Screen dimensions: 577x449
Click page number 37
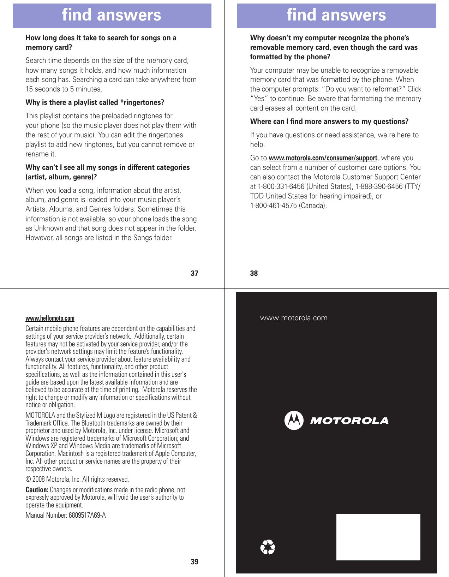pos(194,273)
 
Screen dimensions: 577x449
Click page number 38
pos(254,273)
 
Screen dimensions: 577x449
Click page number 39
pos(194,562)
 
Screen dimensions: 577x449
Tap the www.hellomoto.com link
pos(50,318)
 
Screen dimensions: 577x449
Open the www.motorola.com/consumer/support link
pos(323,158)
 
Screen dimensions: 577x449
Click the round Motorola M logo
pos(294,420)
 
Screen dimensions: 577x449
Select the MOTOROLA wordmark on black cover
pos(349,421)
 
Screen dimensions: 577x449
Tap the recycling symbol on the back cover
pos(268,547)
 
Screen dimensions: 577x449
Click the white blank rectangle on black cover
pos(378,537)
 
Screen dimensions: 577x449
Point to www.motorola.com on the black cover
pos(294,318)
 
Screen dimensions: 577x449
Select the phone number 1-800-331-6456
pos(281,186)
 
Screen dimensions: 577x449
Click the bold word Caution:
pos(37,490)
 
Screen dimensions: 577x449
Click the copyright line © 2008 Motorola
pos(77,479)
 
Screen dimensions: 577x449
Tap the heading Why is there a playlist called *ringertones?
pos(95,102)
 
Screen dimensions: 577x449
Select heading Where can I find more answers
pos(329,121)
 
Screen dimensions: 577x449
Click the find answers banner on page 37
pos(112,16)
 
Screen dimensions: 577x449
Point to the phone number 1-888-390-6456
pos(379,186)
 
